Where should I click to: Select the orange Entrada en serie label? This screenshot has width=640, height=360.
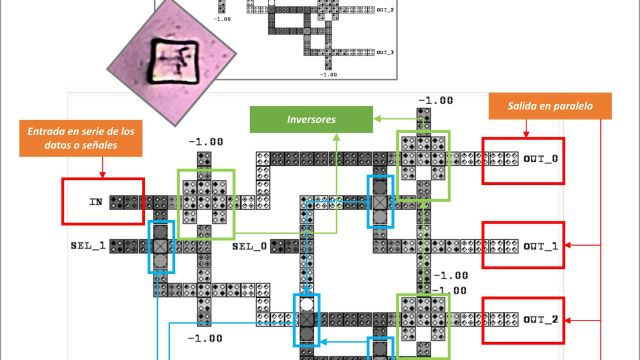tap(81, 137)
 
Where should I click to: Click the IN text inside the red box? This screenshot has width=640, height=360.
tap(96, 201)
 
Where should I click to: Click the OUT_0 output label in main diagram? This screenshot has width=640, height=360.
tap(543, 159)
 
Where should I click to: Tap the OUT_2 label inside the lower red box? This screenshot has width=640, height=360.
tap(543, 319)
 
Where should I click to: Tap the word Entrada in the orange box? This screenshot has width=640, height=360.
tap(50, 130)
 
